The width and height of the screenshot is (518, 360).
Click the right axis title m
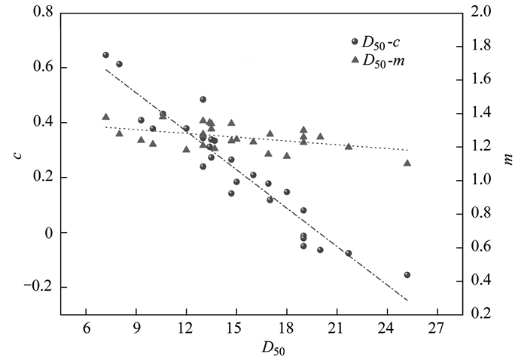(507, 159)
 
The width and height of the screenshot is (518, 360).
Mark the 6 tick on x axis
(87, 329)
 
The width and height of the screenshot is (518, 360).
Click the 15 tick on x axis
(236, 329)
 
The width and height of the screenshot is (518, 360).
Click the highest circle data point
(105, 55)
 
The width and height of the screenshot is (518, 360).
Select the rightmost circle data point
(407, 275)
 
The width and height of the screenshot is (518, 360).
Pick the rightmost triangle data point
(407, 163)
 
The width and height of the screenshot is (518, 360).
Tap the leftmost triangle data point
(105, 117)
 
